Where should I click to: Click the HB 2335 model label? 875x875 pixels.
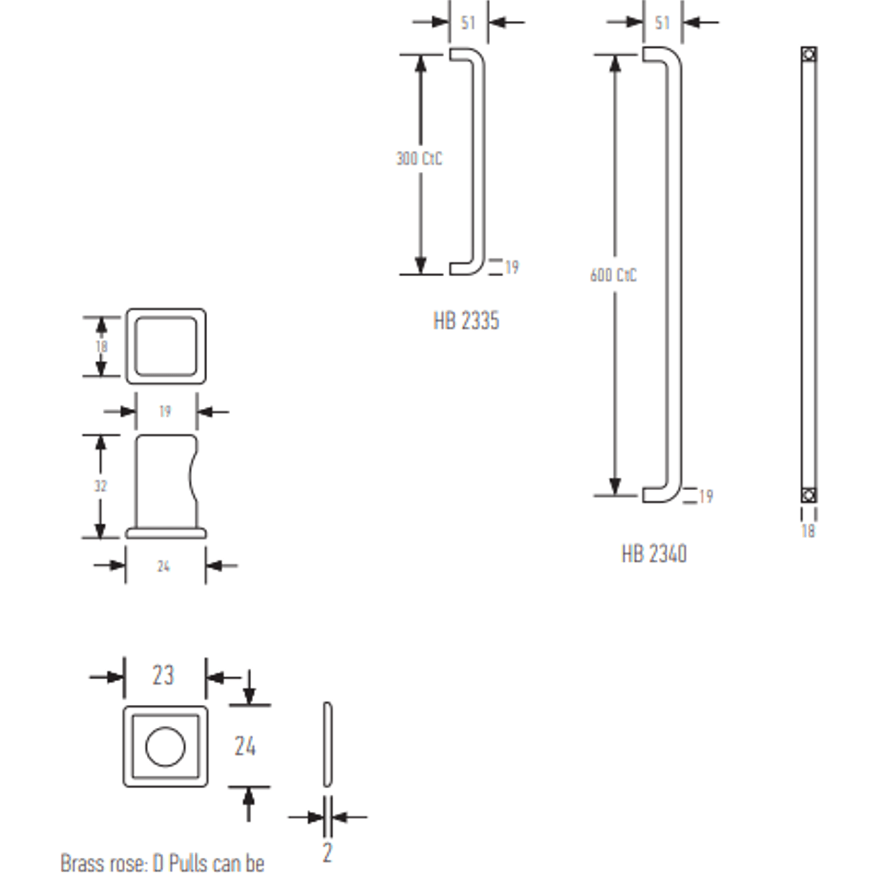click(466, 321)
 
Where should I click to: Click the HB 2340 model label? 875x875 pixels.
click(654, 554)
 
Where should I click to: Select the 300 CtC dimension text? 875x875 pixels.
click(419, 159)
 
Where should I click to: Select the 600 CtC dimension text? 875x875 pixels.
click(613, 275)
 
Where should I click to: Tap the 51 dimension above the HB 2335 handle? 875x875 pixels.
click(468, 23)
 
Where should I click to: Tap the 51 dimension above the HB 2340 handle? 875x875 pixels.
click(662, 23)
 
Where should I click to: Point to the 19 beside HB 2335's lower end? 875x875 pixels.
click(512, 267)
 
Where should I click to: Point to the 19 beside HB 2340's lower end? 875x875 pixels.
click(706, 496)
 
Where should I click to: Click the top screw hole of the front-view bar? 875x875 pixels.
click(809, 54)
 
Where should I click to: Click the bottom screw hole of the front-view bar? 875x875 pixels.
click(809, 495)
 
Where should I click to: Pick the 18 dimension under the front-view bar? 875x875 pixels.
click(808, 531)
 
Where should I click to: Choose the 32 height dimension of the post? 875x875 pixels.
click(100, 486)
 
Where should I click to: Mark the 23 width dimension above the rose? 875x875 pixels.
click(163, 676)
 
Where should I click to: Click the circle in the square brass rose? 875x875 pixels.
click(165, 747)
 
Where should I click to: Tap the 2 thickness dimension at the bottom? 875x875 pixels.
click(327, 852)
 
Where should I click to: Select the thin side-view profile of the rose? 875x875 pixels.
click(327, 744)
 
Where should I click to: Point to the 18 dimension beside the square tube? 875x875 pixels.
click(101, 346)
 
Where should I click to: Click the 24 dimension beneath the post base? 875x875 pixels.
click(163, 566)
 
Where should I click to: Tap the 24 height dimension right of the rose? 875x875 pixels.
click(245, 746)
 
